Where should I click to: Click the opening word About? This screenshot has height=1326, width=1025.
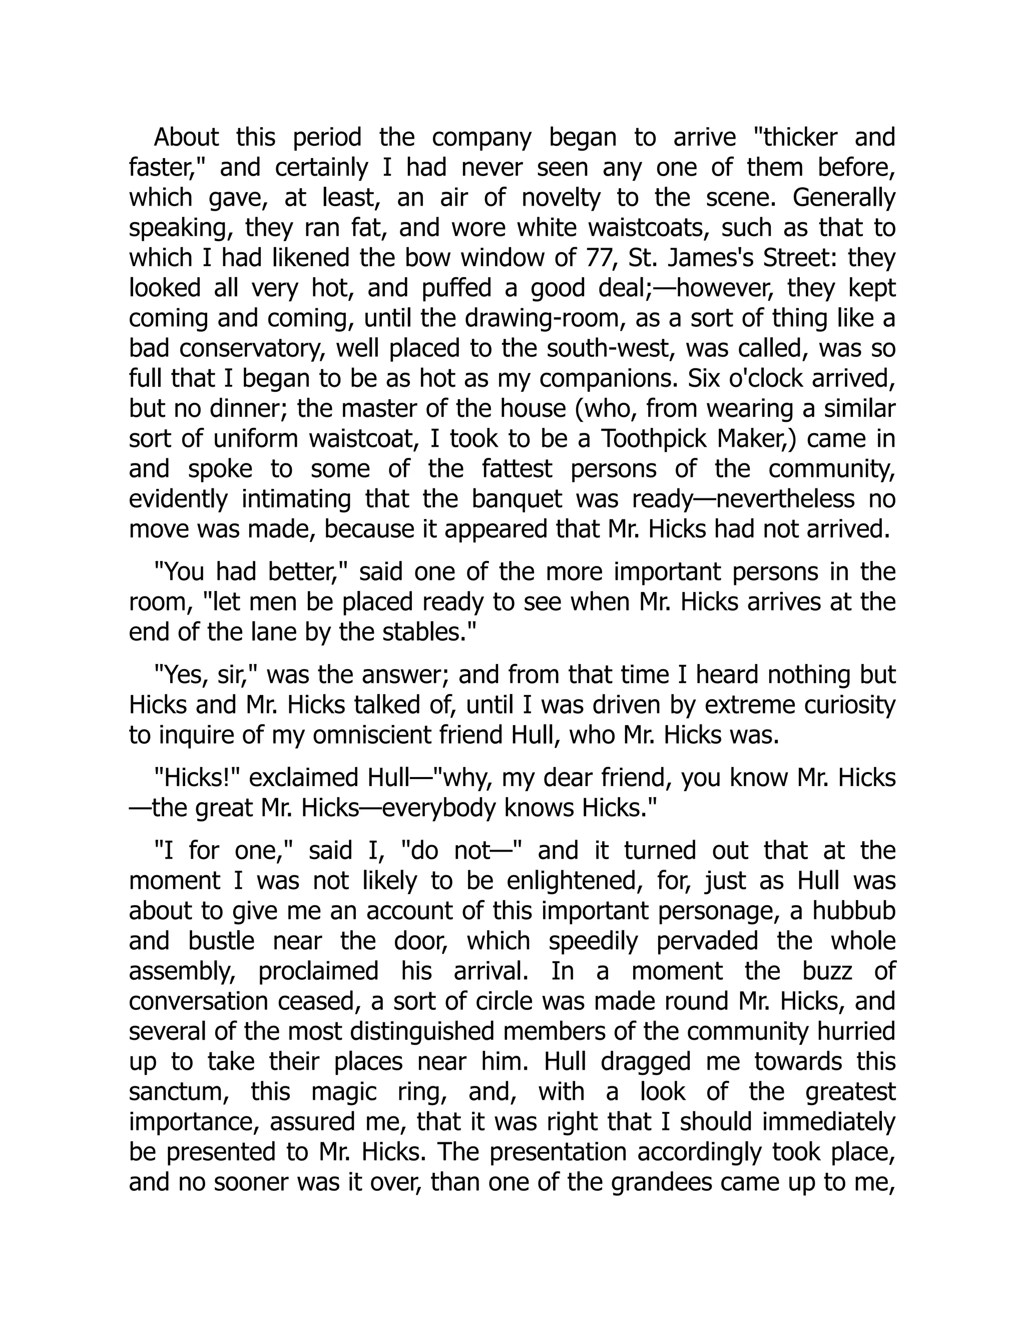tap(186, 138)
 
